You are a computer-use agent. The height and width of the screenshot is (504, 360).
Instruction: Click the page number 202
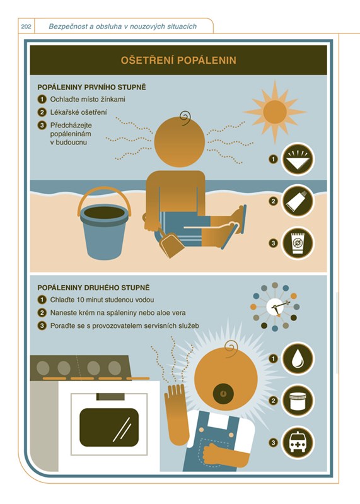pos(26,26)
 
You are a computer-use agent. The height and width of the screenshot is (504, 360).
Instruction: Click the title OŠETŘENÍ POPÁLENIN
pos(178,61)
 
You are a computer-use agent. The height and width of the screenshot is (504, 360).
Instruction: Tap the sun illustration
pos(275,112)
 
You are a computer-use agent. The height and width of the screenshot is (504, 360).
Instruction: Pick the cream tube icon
pos(298,201)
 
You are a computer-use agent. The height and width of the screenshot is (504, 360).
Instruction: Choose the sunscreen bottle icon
pos(298,243)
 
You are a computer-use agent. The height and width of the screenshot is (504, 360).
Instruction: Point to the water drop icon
pos(298,358)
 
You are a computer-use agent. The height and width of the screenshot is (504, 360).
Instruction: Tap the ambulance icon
pos(298,443)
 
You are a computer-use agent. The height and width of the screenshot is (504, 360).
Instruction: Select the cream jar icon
pos(298,401)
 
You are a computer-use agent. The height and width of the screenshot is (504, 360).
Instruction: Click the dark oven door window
pos(109,427)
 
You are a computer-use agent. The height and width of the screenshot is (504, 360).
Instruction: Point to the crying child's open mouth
pos(223,394)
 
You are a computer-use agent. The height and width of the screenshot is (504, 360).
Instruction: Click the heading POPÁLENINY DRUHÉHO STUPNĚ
pos(94,288)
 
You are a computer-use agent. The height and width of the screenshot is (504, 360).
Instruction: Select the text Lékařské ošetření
pos(79,112)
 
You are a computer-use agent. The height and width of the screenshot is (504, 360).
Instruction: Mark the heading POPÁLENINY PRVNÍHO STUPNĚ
pos(92,88)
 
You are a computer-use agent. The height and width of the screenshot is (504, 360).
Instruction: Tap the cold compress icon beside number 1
pos(298,159)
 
